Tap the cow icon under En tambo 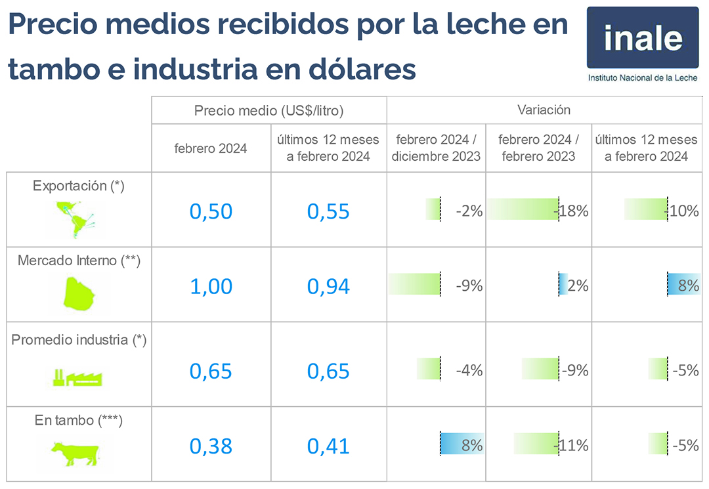click(x=75, y=452)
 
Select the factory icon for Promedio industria click(x=78, y=377)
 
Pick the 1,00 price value click(x=211, y=286)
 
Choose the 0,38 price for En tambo click(x=211, y=446)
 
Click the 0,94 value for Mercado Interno click(x=328, y=286)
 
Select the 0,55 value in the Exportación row click(x=328, y=211)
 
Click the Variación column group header click(x=544, y=110)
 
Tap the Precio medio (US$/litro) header click(x=269, y=110)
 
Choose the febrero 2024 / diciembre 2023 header click(x=437, y=148)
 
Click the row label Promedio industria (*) click(x=79, y=340)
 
